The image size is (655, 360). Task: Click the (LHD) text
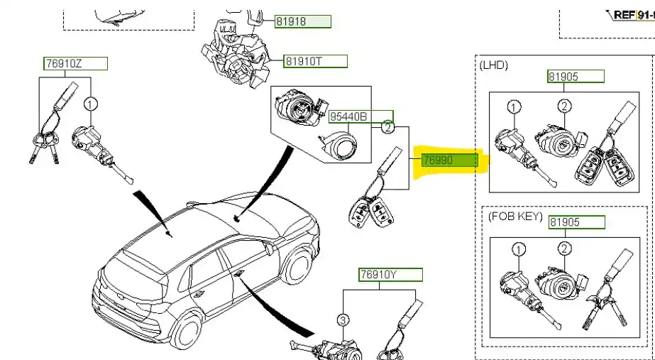(494, 65)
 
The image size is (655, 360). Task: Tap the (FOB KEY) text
(514, 216)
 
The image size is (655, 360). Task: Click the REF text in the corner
(624, 13)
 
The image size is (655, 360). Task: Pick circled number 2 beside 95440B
(387, 128)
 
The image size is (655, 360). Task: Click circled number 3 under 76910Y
(342, 321)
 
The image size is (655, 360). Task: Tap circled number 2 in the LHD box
(564, 107)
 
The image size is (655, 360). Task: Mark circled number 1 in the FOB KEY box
(519, 249)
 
